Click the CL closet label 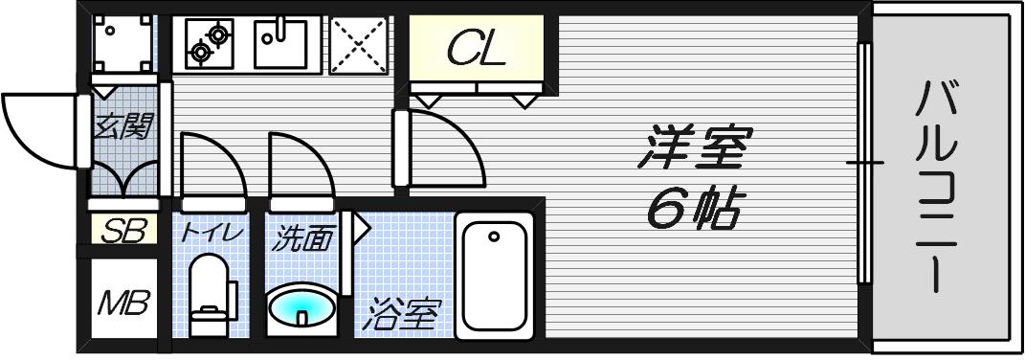[476, 48]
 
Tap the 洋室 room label [695, 148]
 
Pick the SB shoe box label [123, 231]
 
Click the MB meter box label [123, 304]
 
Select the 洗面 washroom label [303, 237]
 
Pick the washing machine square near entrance [122, 44]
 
